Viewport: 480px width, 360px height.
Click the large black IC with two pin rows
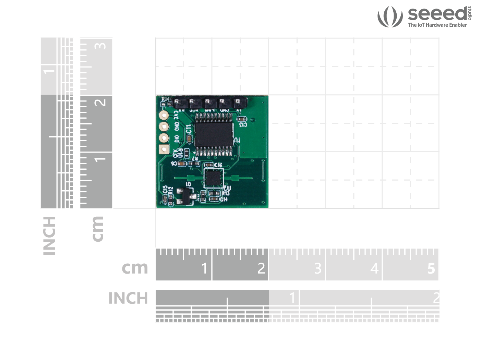point(214,135)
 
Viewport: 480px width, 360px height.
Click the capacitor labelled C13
point(242,119)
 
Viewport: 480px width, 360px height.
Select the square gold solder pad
point(164,149)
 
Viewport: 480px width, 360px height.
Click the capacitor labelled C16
point(209,165)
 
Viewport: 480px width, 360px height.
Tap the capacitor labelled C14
point(214,199)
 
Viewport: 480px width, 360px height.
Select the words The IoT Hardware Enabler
point(437,25)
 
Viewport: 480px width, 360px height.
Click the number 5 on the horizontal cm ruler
point(431,268)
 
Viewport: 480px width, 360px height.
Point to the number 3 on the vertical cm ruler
point(100,46)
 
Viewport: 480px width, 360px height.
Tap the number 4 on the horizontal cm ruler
point(374,268)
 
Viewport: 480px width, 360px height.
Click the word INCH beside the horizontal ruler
point(128,298)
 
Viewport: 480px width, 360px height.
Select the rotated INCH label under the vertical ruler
point(49,236)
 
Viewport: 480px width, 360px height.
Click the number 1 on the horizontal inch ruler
point(292,298)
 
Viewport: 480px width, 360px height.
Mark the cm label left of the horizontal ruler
point(135,268)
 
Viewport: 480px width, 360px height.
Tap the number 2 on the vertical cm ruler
point(100,102)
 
